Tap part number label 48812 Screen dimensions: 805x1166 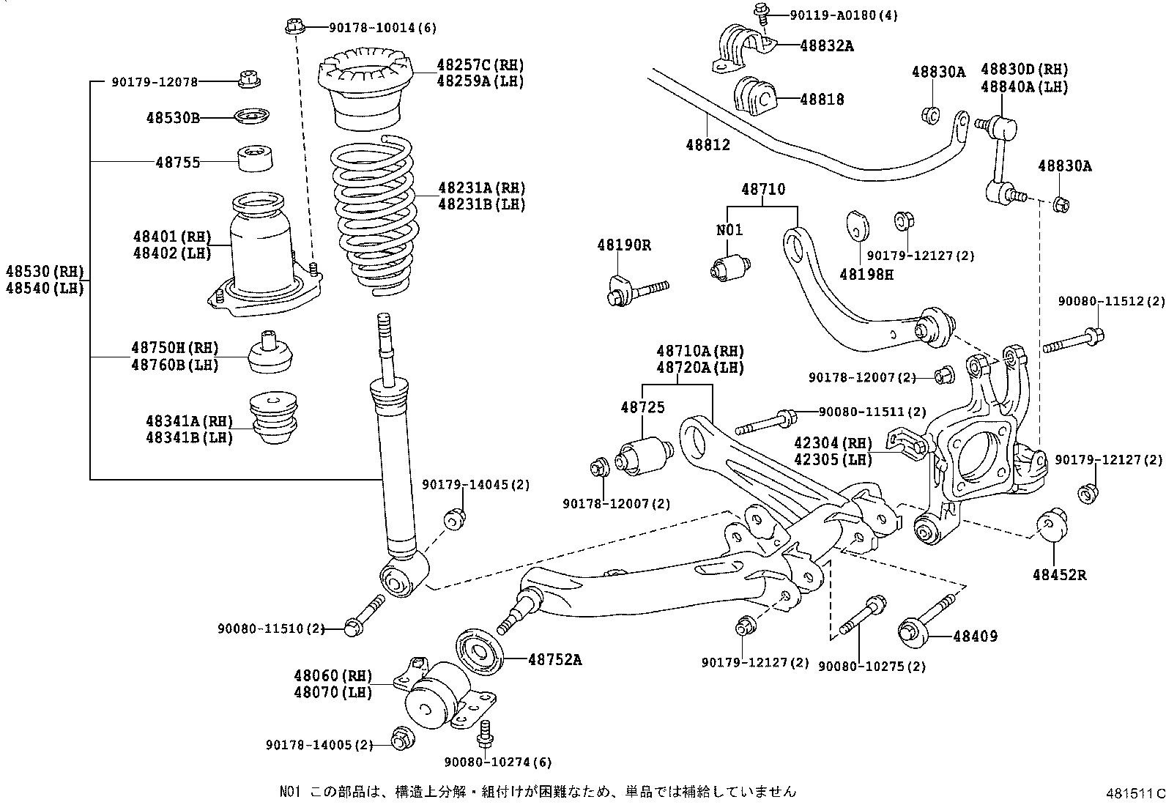click(x=708, y=145)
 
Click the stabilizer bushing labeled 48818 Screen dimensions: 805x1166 click(x=754, y=97)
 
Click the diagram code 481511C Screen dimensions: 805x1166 click(x=1135, y=793)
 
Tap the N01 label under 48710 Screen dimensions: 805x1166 click(x=729, y=230)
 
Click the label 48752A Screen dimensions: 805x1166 click(x=554, y=660)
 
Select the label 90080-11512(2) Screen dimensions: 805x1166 click(x=1110, y=301)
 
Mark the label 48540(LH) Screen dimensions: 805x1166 click(x=44, y=288)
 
